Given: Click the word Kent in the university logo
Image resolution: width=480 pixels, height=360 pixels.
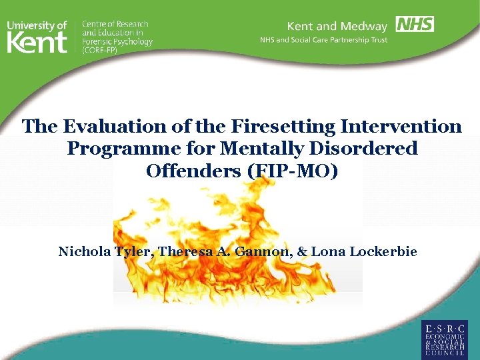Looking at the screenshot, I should click(x=37, y=43).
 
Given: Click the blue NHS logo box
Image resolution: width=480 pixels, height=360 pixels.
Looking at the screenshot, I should click(x=415, y=25).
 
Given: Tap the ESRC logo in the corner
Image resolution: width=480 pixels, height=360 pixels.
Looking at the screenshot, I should click(x=444, y=338).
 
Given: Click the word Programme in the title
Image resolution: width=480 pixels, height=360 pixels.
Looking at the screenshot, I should click(x=119, y=148).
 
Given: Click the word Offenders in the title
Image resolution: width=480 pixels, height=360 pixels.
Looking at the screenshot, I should click(x=195, y=171).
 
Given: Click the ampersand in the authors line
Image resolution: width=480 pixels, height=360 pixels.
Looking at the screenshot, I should click(x=302, y=251).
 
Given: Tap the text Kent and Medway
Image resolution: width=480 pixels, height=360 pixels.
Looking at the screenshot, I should click(x=337, y=27).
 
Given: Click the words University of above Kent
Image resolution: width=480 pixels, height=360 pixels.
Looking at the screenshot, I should click(x=37, y=25).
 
